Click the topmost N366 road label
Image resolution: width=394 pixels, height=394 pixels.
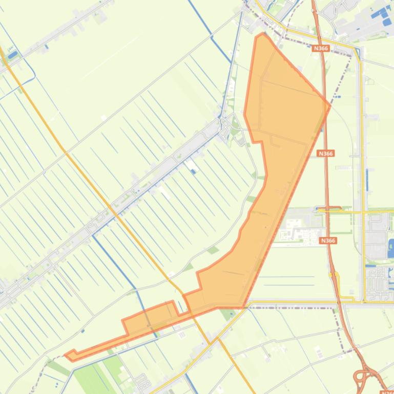click(320, 48)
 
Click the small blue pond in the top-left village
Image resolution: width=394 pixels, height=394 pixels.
click(13, 54)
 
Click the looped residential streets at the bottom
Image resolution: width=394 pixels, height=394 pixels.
click(141, 381)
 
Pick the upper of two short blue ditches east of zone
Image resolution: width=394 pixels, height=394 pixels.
click(287, 277)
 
